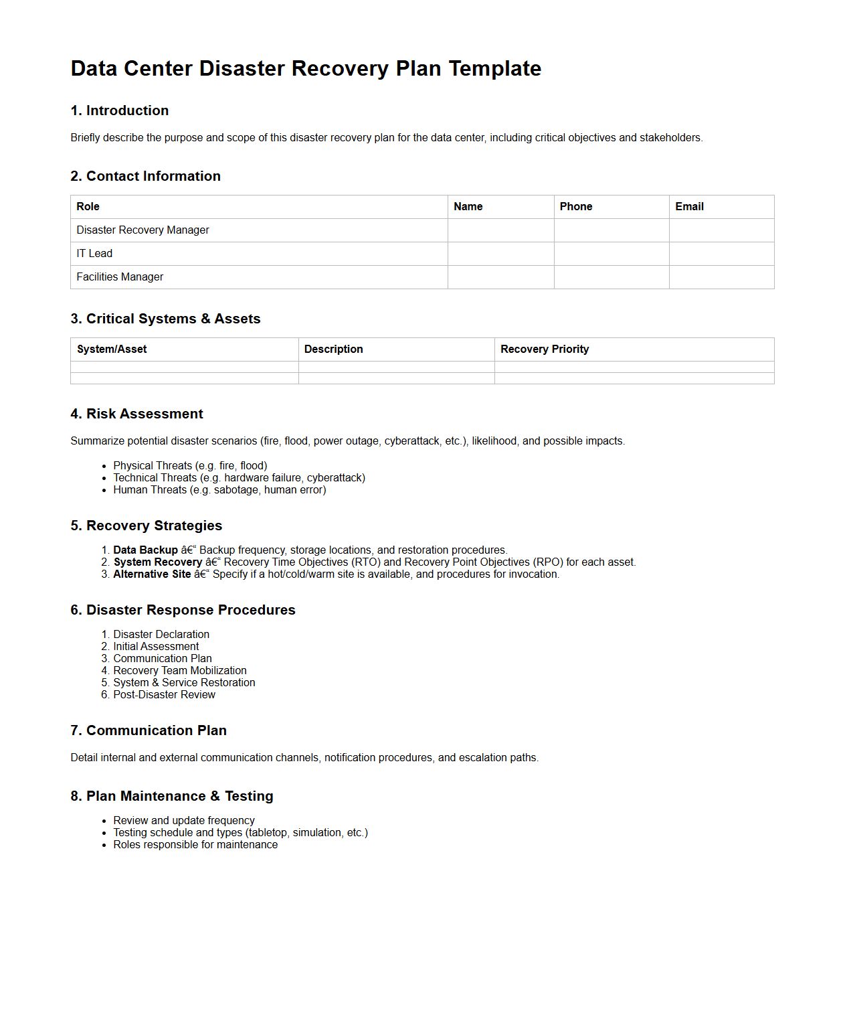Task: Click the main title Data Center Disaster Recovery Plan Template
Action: click(x=306, y=68)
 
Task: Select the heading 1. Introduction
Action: click(x=120, y=110)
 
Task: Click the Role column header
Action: click(x=88, y=207)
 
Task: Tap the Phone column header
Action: click(x=575, y=207)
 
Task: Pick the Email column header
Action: click(x=689, y=207)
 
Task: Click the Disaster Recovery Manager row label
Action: click(x=143, y=230)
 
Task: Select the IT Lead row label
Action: click(x=94, y=254)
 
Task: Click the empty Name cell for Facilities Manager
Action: click(x=500, y=277)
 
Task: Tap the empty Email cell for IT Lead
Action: click(x=721, y=254)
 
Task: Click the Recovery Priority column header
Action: click(x=545, y=349)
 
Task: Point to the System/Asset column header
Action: click(x=112, y=349)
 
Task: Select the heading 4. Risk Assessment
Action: click(x=136, y=414)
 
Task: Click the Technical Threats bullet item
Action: click(x=239, y=478)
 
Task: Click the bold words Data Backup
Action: click(x=145, y=550)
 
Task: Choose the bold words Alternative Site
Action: click(x=152, y=574)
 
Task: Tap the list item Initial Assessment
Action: click(x=156, y=647)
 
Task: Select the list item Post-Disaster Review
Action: click(x=164, y=695)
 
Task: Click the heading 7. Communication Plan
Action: click(x=149, y=730)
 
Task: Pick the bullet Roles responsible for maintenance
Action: click(x=195, y=845)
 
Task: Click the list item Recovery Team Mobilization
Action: click(x=180, y=671)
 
